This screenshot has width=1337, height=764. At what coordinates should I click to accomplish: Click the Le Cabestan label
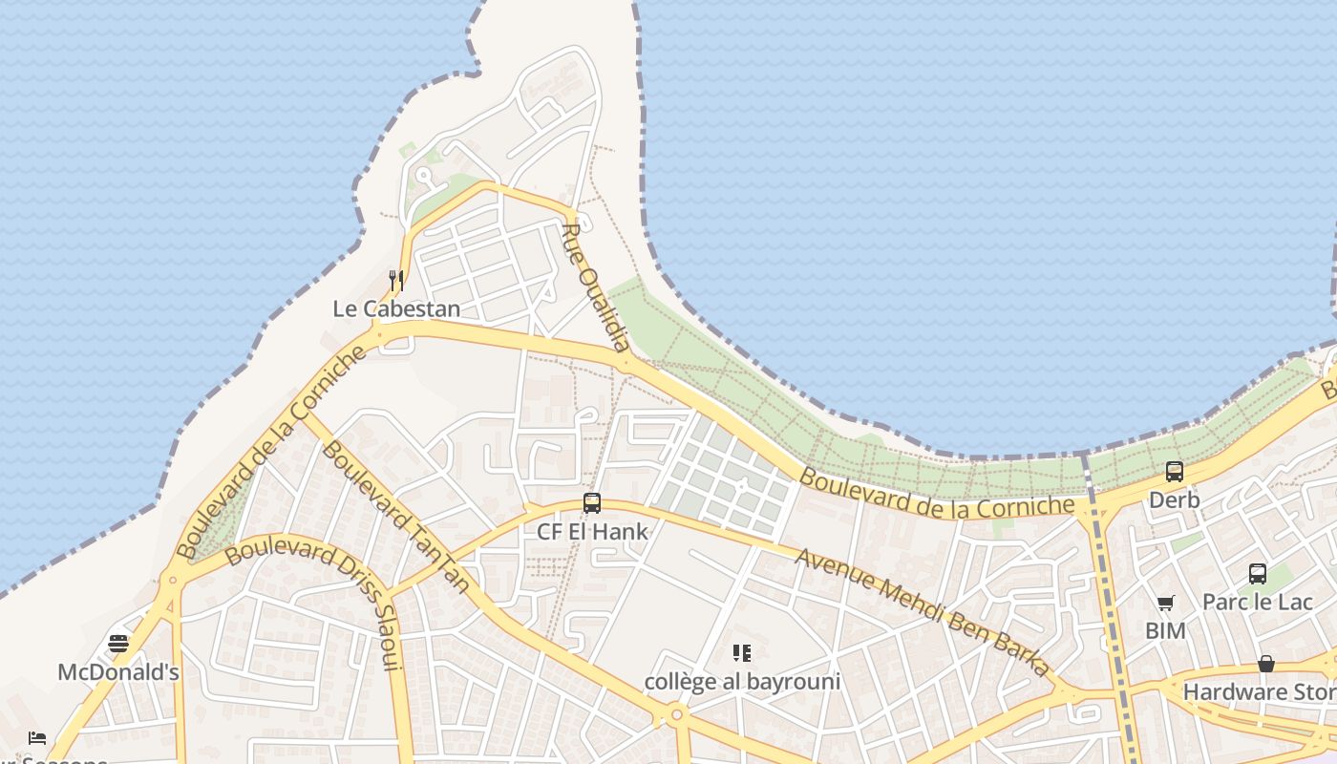396,308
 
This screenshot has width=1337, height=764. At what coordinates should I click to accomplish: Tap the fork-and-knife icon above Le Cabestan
396,280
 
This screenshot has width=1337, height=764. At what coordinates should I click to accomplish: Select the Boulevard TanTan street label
394,516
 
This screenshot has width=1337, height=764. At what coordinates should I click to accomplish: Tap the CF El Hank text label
592,532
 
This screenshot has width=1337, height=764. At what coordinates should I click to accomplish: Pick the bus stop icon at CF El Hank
592,503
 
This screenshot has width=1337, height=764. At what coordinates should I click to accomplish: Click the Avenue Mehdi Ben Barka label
922,611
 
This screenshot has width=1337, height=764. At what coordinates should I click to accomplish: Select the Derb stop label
1174,499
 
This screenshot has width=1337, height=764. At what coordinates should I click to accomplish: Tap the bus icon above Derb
1174,471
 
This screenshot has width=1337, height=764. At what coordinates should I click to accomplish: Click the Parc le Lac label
1257,602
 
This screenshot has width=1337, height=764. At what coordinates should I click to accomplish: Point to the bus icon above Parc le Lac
1258,573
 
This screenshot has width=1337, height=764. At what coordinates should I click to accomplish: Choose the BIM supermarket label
1165,630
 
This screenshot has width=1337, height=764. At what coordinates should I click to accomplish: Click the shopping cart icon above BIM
1165,603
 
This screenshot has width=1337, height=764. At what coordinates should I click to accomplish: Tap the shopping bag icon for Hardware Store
1266,663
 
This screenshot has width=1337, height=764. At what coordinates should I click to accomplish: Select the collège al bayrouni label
742,681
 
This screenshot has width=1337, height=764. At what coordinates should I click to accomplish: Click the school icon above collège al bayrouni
742,653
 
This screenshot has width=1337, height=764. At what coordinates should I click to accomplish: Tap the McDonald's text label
118,671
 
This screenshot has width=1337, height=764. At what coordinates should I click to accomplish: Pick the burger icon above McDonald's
118,643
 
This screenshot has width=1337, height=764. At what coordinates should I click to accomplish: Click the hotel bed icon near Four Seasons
37,737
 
